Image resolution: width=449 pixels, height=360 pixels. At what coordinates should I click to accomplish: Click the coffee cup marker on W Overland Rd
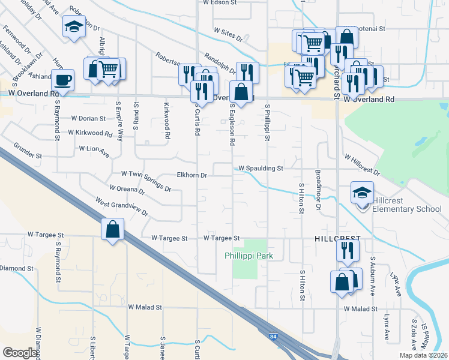point(62,80)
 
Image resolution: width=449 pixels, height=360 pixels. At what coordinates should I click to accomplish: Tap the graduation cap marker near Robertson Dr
point(74,27)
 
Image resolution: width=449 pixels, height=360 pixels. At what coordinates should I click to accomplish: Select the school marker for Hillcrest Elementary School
point(363,193)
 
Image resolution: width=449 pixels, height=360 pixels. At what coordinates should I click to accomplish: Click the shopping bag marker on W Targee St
point(112,229)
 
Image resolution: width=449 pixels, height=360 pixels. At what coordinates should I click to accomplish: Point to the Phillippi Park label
point(249,256)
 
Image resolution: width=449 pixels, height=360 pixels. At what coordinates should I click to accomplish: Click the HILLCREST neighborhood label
point(337,238)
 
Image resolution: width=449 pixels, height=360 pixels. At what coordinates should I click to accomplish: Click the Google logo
point(20,353)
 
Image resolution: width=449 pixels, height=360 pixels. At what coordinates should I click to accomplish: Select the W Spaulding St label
point(261,169)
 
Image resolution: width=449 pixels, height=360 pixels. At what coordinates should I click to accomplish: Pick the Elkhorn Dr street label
point(191,176)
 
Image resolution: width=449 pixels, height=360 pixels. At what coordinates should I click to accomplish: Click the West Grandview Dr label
point(121,207)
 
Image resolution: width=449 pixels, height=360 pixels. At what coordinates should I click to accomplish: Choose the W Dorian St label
point(88,119)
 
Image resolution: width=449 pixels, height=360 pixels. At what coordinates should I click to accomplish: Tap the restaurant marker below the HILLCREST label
point(346,253)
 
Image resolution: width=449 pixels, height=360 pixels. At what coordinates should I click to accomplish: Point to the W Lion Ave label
point(94,149)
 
